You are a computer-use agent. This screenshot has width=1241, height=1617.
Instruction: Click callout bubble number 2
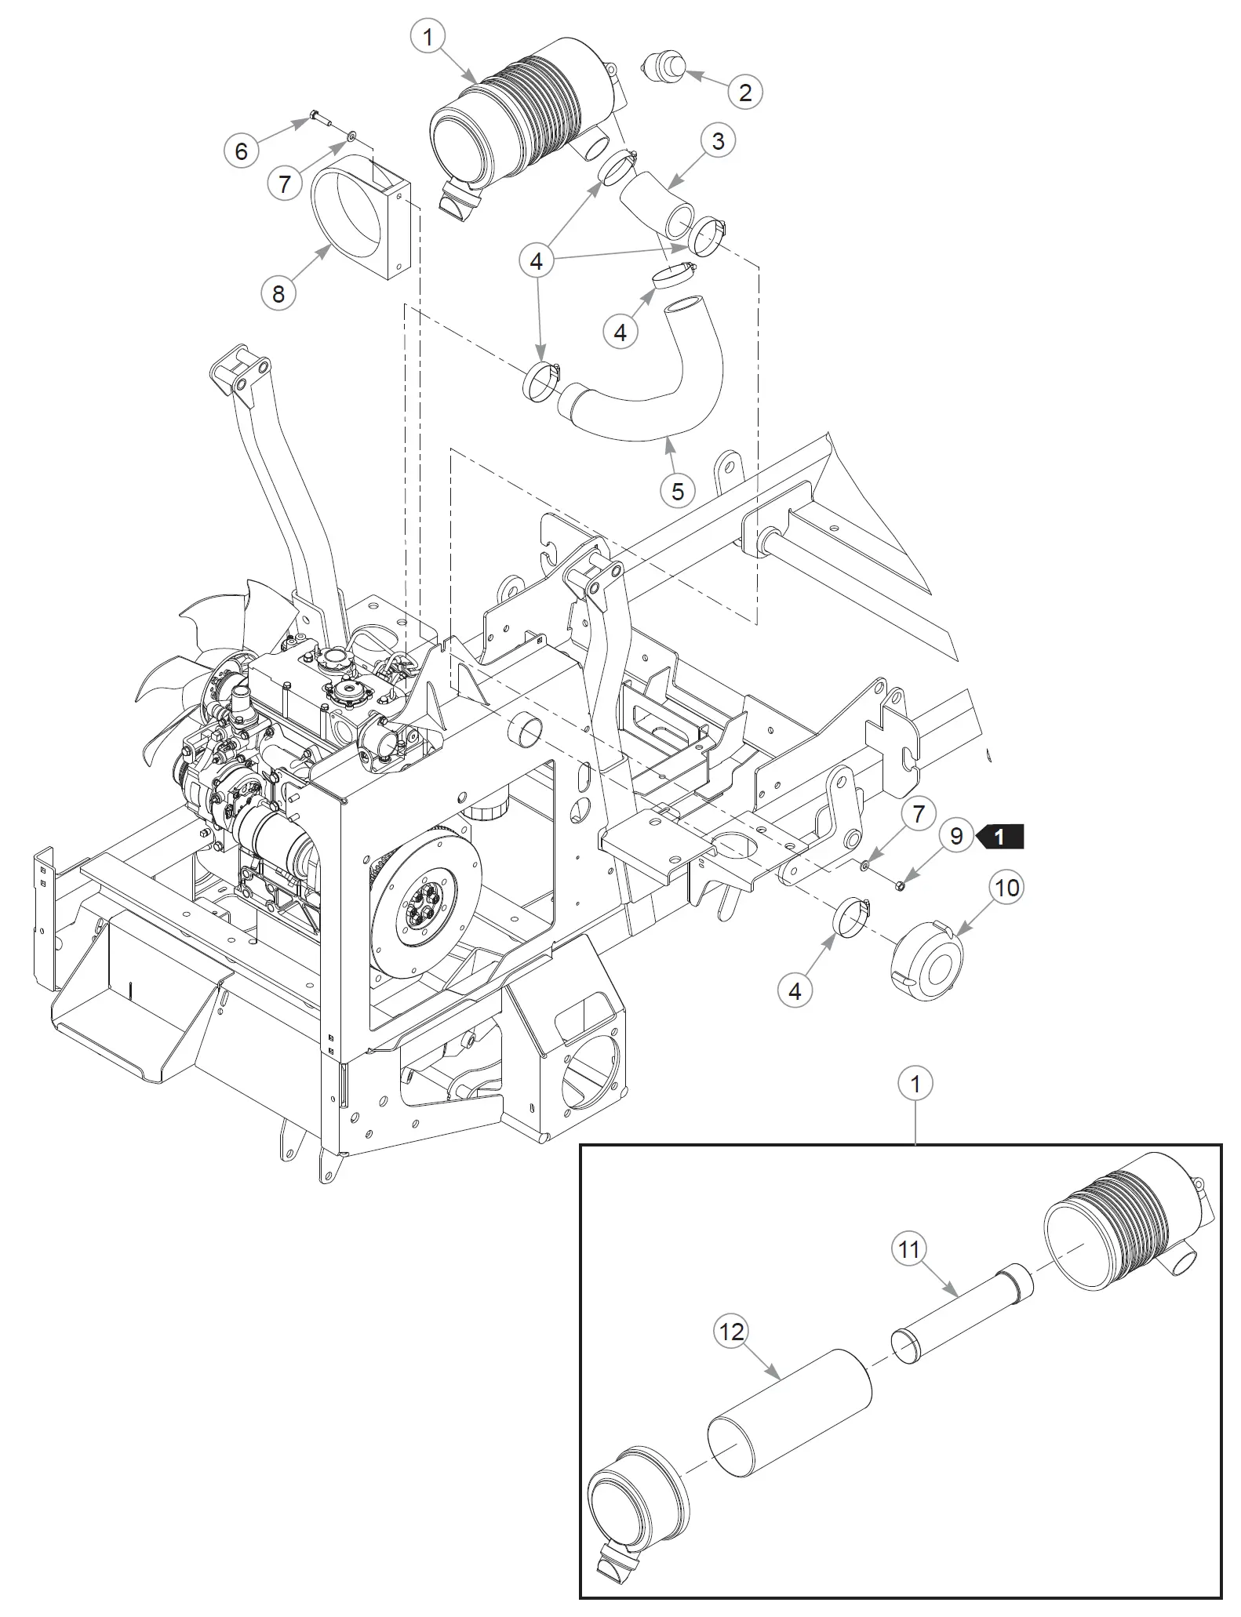tap(744, 93)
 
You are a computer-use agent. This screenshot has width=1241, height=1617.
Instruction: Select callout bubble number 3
tap(718, 141)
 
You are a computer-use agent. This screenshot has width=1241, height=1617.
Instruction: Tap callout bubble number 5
tap(678, 492)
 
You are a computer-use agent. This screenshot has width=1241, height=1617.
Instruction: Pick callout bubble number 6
tap(242, 151)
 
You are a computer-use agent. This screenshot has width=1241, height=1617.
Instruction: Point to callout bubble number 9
tap(955, 836)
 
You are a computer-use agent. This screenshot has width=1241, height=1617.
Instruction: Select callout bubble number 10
tap(1006, 888)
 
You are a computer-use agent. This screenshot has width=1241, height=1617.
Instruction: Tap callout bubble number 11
tap(908, 1248)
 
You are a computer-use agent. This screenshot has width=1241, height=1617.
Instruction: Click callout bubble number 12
tap(731, 1332)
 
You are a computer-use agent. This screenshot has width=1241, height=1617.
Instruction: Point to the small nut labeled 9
tap(901, 885)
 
